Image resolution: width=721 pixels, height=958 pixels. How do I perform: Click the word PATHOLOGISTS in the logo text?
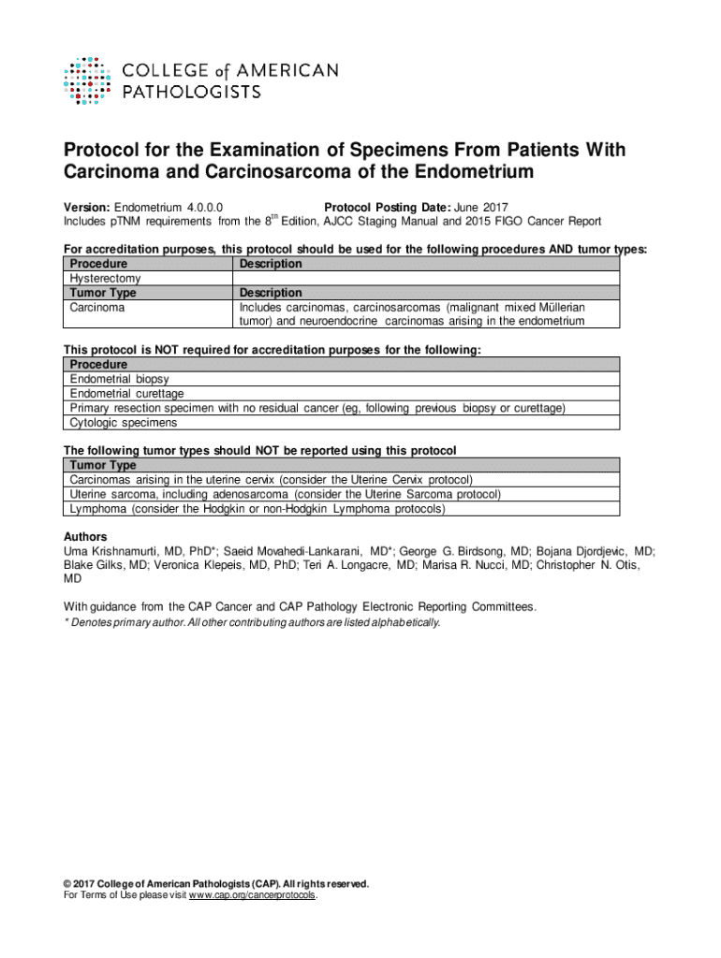192,92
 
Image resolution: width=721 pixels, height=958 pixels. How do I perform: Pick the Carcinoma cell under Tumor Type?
97,307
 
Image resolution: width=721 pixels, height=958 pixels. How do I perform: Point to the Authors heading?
85,537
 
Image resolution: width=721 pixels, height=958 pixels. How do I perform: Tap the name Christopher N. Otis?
598,565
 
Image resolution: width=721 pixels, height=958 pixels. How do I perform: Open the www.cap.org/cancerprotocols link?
253,895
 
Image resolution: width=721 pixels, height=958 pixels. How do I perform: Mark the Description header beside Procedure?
271,265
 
